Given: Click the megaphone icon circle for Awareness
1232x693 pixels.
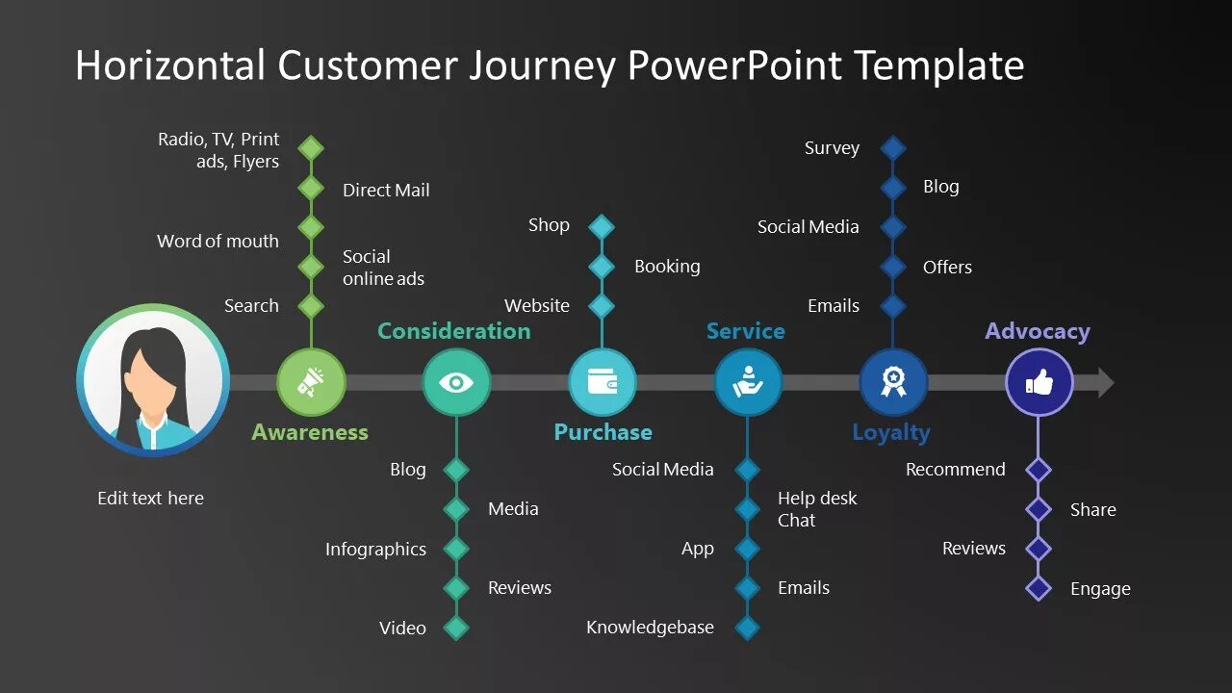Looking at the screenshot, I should (311, 382).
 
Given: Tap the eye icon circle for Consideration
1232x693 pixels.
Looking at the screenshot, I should (456, 382).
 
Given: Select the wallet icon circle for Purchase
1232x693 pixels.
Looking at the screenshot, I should (603, 382).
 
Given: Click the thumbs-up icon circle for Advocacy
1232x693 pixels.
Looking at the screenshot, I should (1039, 382).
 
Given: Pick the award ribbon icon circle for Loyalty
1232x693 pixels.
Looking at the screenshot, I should (893, 382).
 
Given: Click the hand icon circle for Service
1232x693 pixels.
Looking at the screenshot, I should (748, 382).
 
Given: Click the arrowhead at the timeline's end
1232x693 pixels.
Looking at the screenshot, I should (1105, 383).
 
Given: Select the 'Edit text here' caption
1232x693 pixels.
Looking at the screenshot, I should (150, 498).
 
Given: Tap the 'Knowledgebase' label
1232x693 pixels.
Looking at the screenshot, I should (650, 628).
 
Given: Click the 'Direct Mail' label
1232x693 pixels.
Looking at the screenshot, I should (386, 190).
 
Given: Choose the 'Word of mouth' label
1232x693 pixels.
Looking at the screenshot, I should (218, 241).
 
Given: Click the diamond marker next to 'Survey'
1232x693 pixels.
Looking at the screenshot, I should (893, 148).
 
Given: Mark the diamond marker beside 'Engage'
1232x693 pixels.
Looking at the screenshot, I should (1039, 588).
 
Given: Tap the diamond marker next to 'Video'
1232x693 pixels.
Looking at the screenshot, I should (456, 628).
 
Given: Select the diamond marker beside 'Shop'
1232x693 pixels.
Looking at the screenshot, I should (602, 226).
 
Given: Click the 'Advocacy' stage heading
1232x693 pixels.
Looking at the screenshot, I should (1037, 331).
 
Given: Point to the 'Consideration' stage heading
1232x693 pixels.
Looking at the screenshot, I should (453, 331).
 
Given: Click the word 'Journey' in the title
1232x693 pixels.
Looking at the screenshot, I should (542, 65).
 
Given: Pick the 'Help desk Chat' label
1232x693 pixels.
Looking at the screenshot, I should (816, 509).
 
